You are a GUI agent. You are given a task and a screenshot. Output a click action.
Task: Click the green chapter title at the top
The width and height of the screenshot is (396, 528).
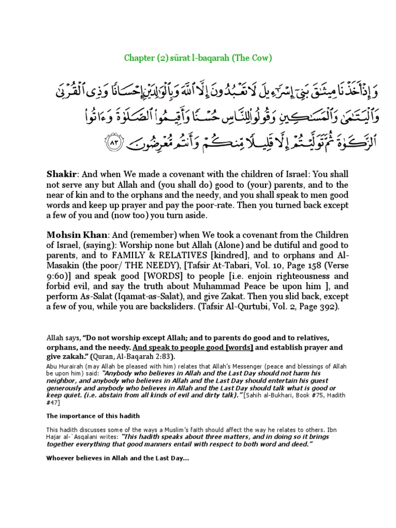199,57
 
